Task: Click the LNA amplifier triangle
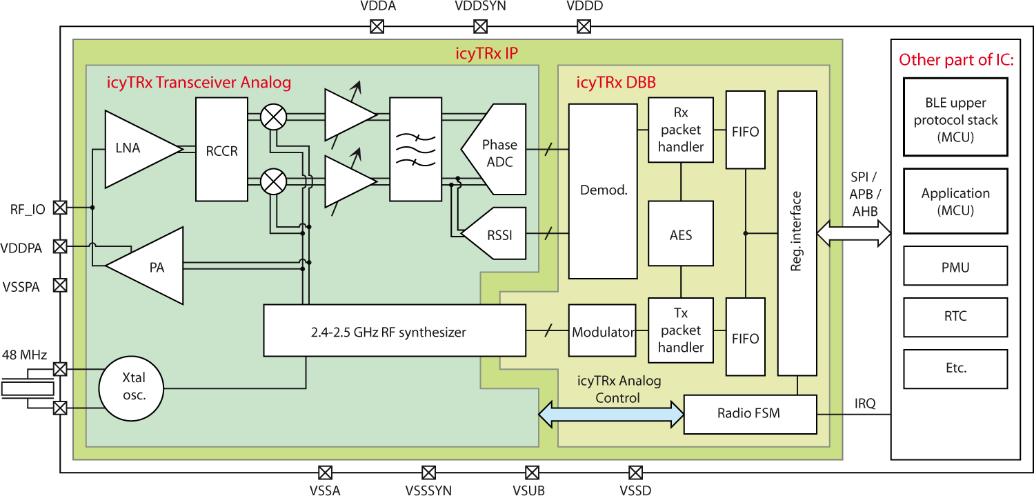tap(135, 149)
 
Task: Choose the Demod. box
tap(602, 191)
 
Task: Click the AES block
tap(680, 235)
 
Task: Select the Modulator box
tap(602, 332)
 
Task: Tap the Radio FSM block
tap(749, 414)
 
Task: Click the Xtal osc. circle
tap(132, 388)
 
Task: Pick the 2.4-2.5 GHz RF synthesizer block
tap(395, 332)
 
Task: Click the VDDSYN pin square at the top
tap(480, 27)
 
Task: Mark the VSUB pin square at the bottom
tap(531, 473)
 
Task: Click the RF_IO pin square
tap(60, 207)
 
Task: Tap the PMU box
tap(955, 267)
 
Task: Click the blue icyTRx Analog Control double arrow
tap(610, 414)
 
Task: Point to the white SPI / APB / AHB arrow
tap(853, 234)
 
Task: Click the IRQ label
tap(864, 403)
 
